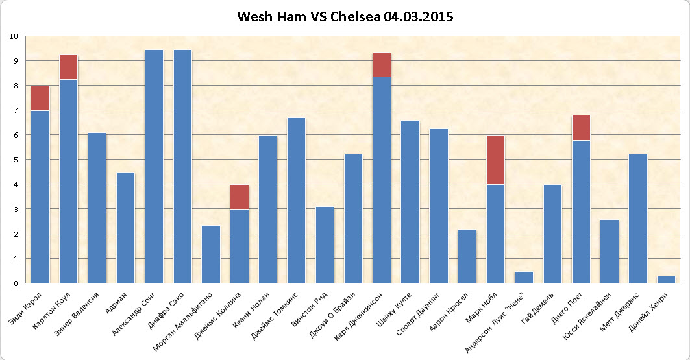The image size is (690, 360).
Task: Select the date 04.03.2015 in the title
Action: [x=419, y=17]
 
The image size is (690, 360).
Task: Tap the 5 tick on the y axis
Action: [x=16, y=160]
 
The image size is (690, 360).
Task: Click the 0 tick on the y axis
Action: [x=16, y=283]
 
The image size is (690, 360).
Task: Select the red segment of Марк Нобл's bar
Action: [x=495, y=160]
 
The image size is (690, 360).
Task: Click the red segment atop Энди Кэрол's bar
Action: [x=40, y=99]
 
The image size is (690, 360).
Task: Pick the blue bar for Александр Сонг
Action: [x=154, y=167]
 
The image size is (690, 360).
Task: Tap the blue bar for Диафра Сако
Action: [x=182, y=167]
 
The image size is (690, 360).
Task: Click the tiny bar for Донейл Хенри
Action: [x=666, y=280]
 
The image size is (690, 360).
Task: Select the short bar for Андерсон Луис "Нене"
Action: [x=524, y=278]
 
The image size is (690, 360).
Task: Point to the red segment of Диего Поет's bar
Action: [x=581, y=128]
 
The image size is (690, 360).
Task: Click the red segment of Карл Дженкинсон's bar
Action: [x=382, y=65]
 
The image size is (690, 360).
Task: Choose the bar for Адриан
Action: [x=125, y=228]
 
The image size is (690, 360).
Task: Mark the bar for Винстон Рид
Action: [x=325, y=245]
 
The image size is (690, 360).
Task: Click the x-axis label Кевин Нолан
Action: [x=251, y=310]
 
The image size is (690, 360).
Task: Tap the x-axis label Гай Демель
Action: [x=537, y=309]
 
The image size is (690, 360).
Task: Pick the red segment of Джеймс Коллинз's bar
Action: [x=240, y=197]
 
